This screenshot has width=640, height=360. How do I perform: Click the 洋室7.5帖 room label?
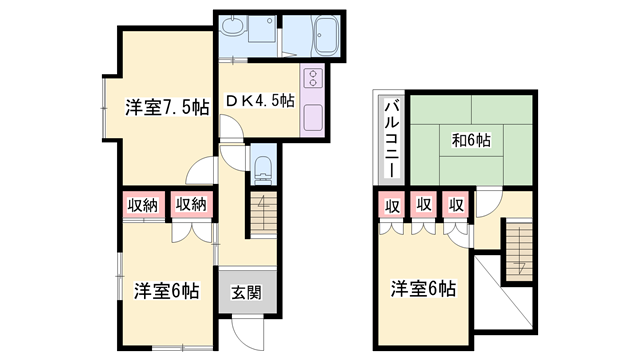coord(167,107)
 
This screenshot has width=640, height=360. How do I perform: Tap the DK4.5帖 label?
coord(259,100)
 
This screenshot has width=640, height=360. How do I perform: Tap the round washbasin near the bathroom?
coord(232,28)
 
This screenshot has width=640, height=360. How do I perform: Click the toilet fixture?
coord(263,169)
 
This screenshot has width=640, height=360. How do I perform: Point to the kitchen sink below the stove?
coord(311,117)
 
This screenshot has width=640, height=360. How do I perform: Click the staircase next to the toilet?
coord(262,214)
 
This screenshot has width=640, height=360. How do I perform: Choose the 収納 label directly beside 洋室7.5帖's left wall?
coord(142,204)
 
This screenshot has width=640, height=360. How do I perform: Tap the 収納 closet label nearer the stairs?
coord(192,204)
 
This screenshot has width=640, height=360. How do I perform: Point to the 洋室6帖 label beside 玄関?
coord(167,292)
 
